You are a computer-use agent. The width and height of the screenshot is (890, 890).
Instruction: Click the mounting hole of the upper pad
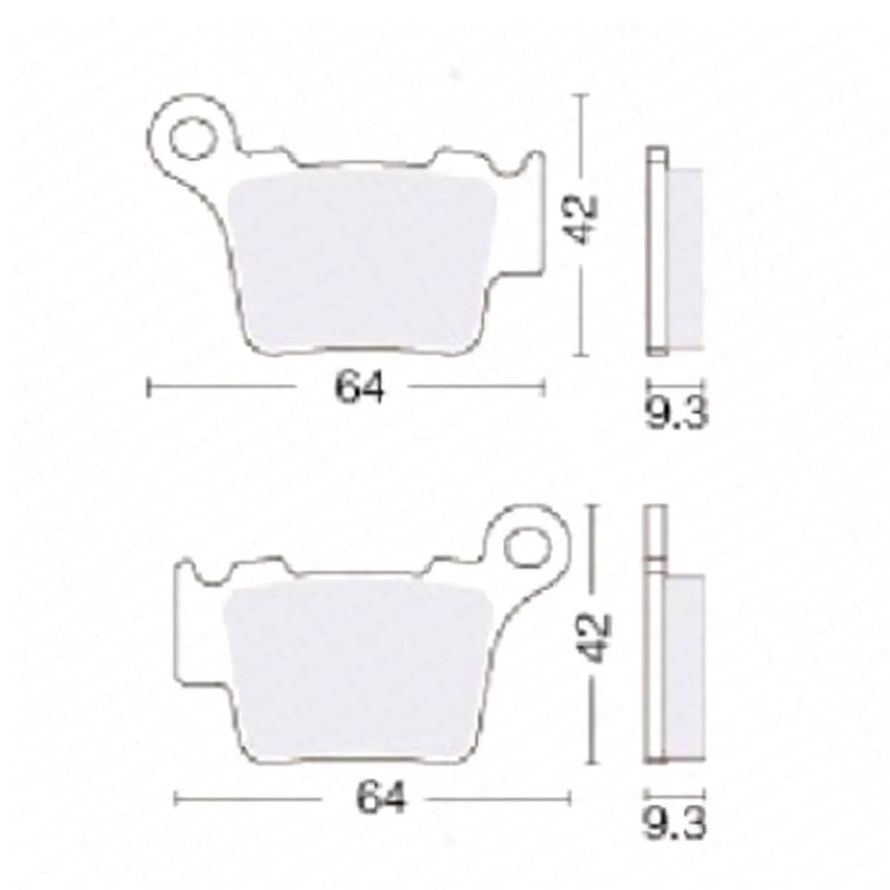click(x=192, y=139)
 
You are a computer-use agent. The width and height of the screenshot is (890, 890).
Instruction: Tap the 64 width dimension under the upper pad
click(x=359, y=387)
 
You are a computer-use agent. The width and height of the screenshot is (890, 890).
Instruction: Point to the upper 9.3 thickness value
click(x=676, y=412)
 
